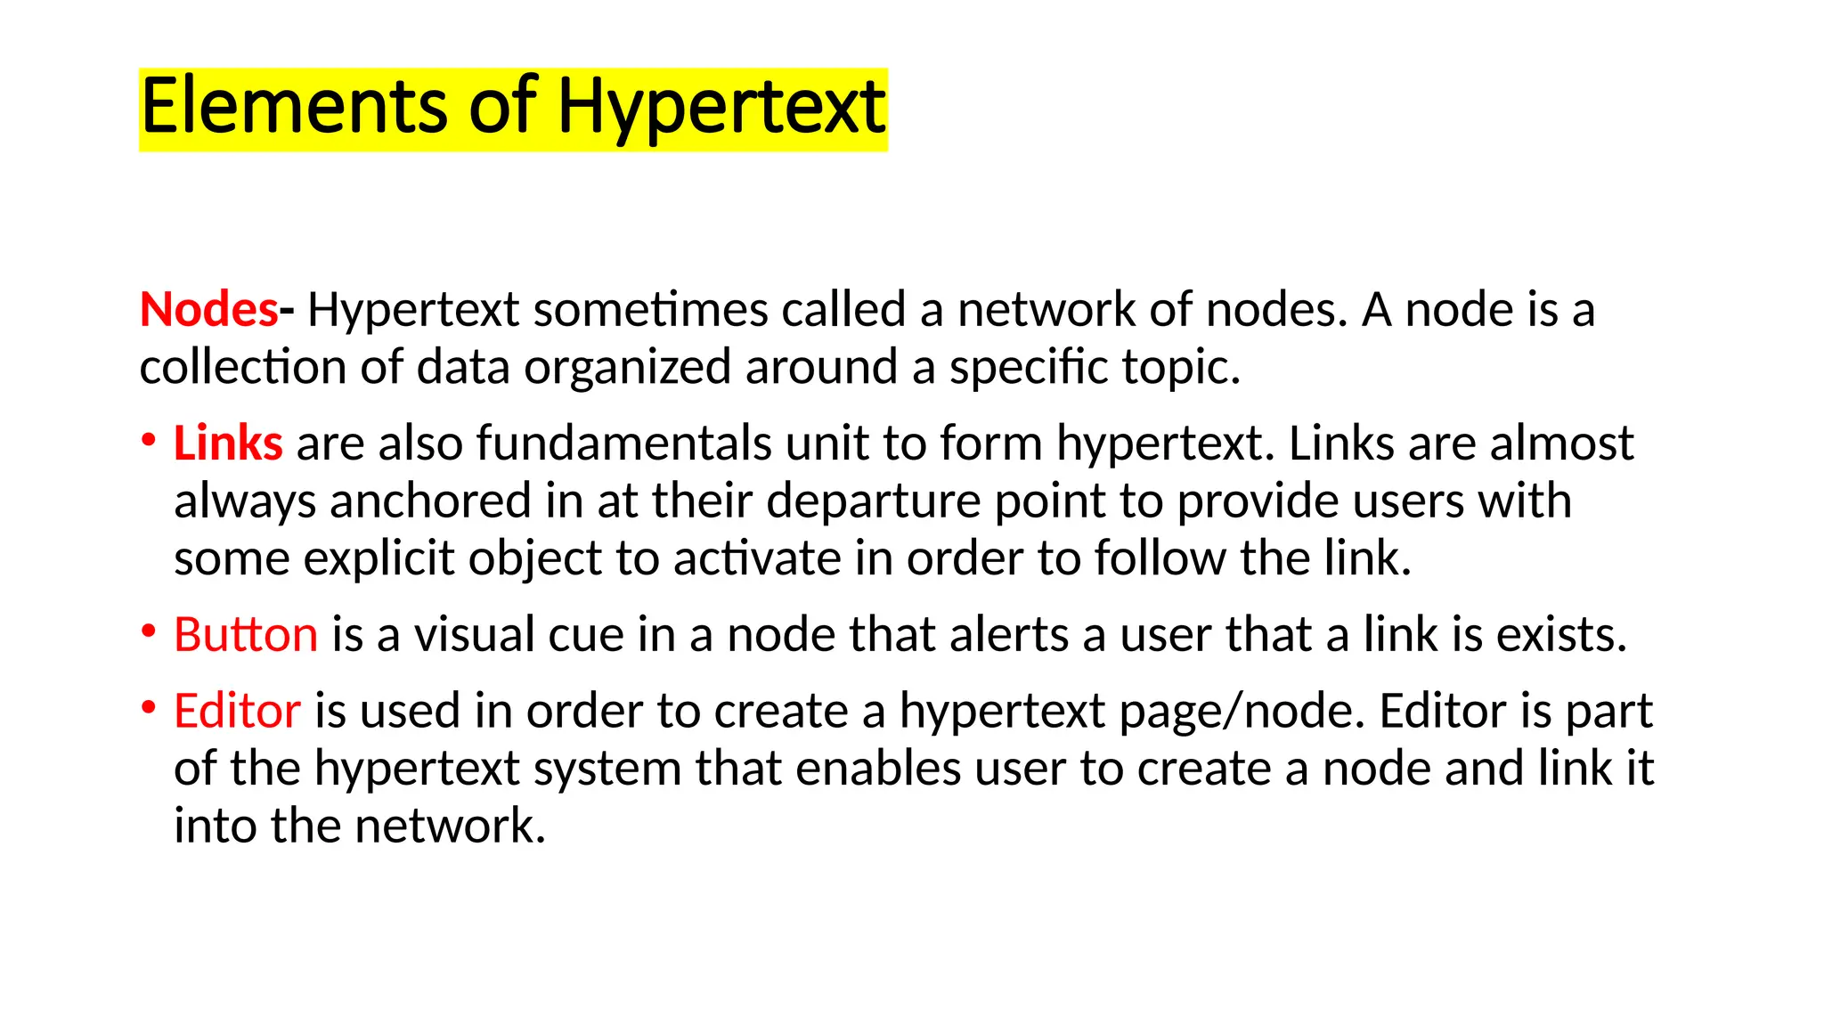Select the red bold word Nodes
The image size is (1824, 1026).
pyautogui.click(x=209, y=310)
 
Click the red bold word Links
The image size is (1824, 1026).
pyautogui.click(x=228, y=444)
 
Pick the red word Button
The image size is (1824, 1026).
pyautogui.click(x=246, y=635)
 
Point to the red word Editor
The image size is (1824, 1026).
pyautogui.click(x=237, y=712)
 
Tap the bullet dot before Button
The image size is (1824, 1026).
pyautogui.click(x=149, y=631)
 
